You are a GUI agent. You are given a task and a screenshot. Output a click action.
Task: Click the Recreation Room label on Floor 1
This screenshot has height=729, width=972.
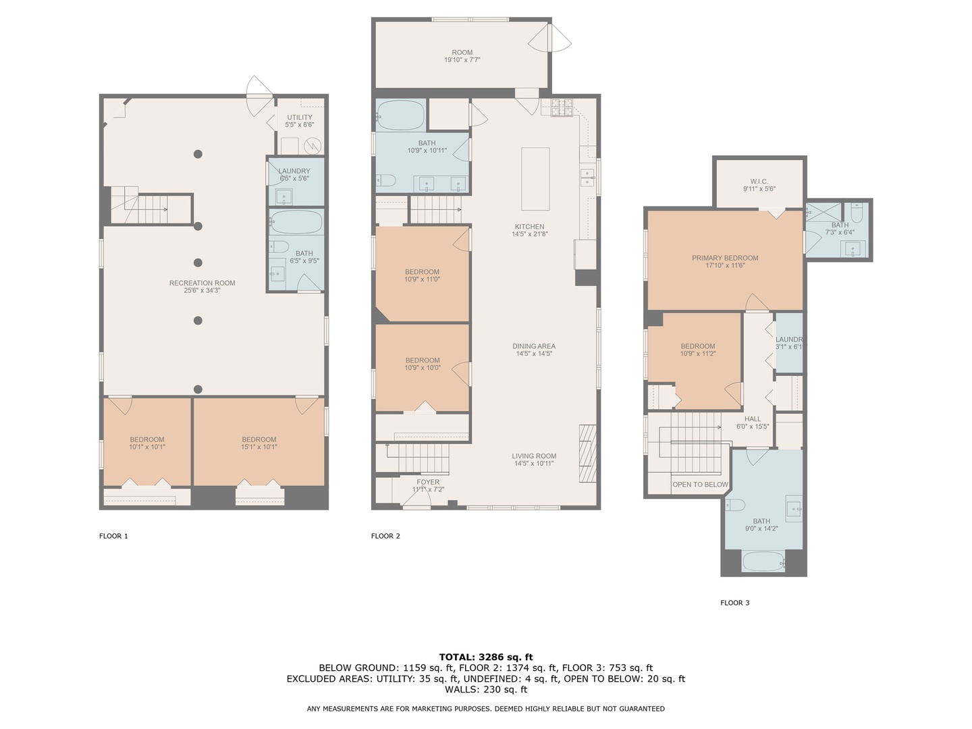[202, 283]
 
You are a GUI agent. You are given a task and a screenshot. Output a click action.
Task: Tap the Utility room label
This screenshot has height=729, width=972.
[300, 117]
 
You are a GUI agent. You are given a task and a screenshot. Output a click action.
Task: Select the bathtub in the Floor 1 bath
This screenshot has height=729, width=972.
[296, 222]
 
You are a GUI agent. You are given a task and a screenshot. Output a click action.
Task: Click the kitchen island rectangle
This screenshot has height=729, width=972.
[535, 179]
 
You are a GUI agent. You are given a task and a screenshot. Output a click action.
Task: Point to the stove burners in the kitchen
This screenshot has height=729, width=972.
[561, 108]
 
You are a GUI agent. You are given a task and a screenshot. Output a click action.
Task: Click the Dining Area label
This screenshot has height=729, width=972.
[534, 346]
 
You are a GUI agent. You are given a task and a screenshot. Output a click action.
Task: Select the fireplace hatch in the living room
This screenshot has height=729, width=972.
[587, 453]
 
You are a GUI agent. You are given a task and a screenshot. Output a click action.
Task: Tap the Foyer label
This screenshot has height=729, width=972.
[428, 482]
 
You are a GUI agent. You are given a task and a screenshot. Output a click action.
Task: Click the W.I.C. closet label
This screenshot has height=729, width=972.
[759, 182]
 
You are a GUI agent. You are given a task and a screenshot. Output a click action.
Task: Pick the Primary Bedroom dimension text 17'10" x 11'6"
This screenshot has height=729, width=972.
[725, 265]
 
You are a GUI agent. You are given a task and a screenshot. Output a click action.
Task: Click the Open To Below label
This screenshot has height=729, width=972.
[700, 485]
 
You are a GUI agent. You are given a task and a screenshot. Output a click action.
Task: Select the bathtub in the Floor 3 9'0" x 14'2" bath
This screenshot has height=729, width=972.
[763, 561]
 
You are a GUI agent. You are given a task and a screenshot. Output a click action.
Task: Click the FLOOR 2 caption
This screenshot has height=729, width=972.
[385, 536]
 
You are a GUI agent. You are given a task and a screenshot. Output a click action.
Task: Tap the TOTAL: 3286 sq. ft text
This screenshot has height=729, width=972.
[486, 657]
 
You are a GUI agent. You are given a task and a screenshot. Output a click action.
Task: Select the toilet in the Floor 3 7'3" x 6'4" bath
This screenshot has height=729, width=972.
[857, 213]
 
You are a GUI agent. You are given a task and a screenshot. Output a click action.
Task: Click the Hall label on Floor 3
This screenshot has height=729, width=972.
[753, 419]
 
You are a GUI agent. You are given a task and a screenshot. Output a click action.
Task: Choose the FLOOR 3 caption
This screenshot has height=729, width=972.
[735, 603]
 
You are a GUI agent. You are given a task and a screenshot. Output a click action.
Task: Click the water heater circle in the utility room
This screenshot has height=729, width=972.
[313, 146]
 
